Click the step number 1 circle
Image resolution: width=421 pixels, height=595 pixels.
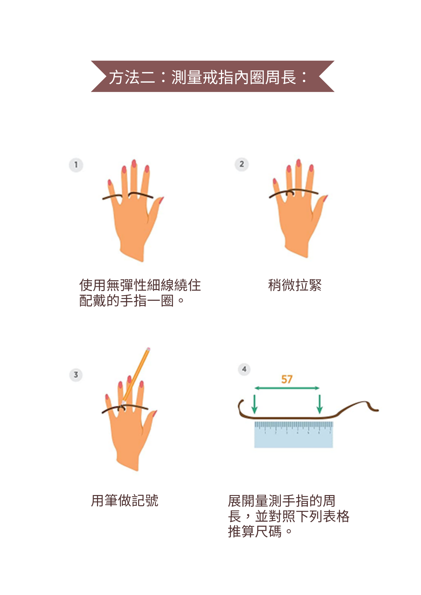pyautogui.click(x=76, y=165)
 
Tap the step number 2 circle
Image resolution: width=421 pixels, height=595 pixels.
pyautogui.click(x=242, y=164)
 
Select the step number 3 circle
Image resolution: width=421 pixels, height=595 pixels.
pyautogui.click(x=76, y=375)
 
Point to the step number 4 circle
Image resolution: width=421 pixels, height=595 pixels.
pyautogui.click(x=244, y=369)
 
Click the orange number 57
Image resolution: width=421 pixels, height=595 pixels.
pyautogui.click(x=287, y=379)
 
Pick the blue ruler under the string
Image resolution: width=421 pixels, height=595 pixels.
pyautogui.click(x=294, y=434)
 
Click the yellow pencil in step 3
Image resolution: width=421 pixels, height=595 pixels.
pyautogui.click(x=136, y=376)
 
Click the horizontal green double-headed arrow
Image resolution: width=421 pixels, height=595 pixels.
pyautogui.click(x=287, y=388)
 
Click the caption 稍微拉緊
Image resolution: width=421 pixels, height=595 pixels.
pyautogui.click(x=295, y=285)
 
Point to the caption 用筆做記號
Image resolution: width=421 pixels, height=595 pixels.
pyautogui.click(x=124, y=500)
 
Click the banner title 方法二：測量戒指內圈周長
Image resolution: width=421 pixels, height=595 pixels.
pyautogui.click(x=208, y=77)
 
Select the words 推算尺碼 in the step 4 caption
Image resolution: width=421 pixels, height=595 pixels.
pyautogui.click(x=255, y=531)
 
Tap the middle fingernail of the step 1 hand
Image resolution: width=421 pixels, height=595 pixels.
pyautogui.click(x=134, y=163)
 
